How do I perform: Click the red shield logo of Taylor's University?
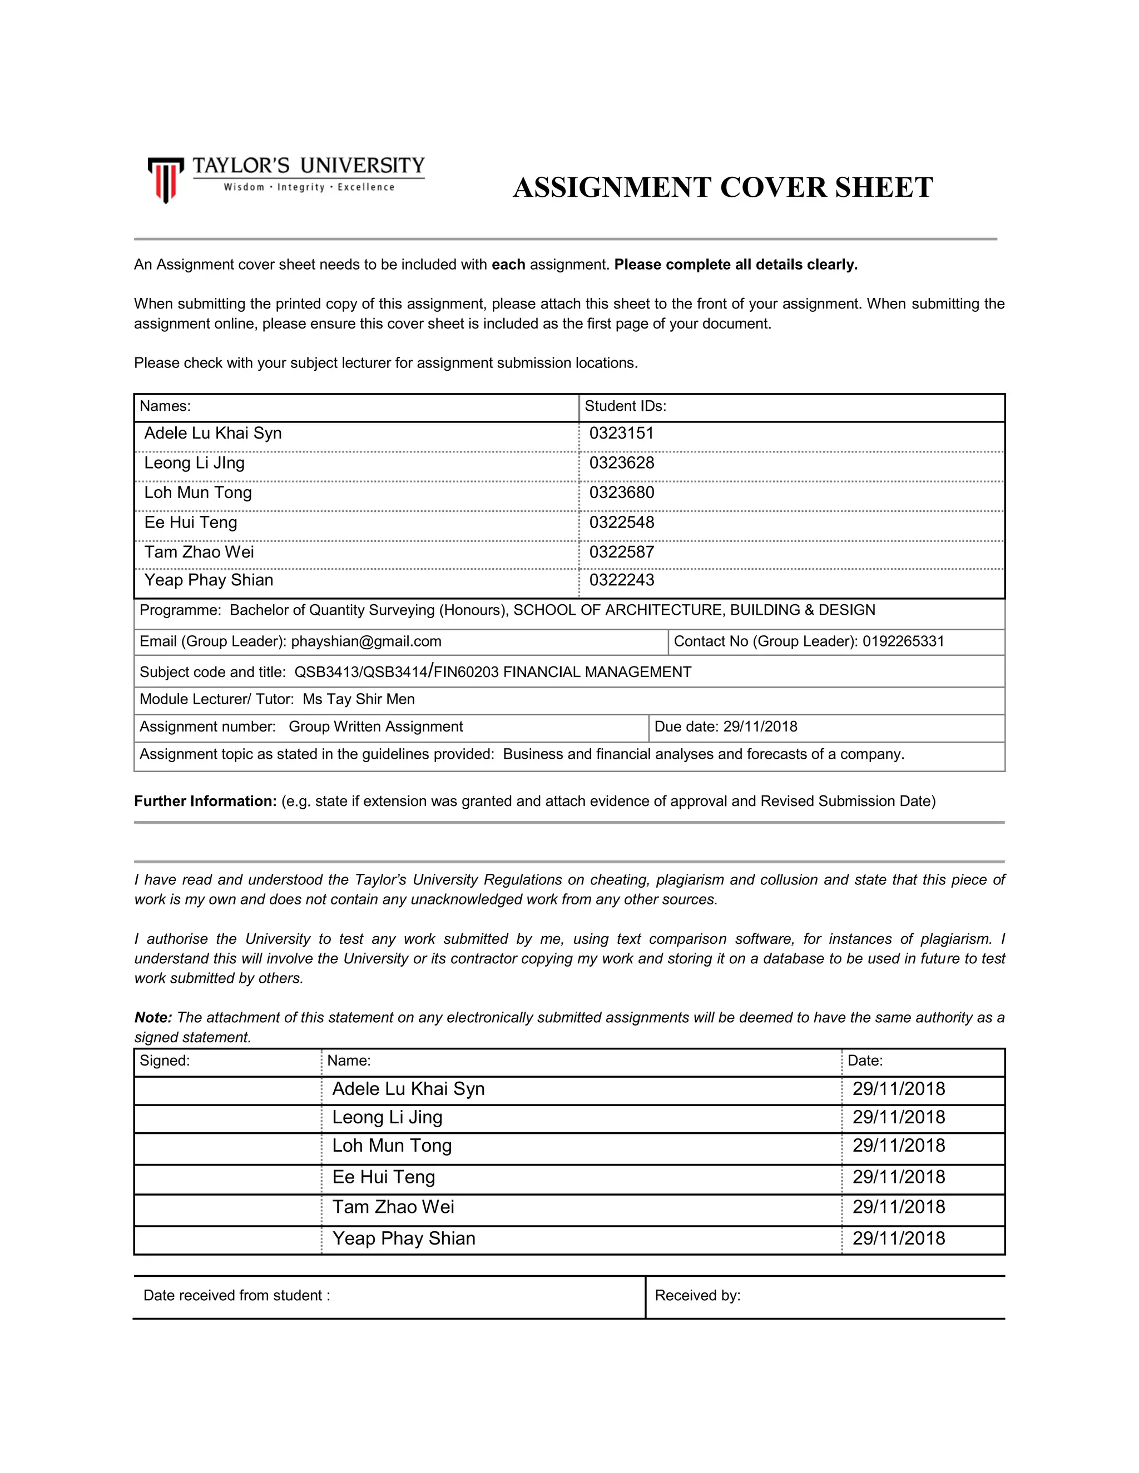[x=165, y=180]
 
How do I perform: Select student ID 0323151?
[x=621, y=433]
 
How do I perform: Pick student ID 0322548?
[x=621, y=522]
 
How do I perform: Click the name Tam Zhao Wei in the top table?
[x=199, y=552]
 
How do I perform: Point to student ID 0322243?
[x=621, y=580]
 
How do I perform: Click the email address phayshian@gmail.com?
[x=366, y=641]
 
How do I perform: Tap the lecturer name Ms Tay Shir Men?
[x=358, y=699]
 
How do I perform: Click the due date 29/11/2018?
[x=760, y=726]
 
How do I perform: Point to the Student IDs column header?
[x=625, y=406]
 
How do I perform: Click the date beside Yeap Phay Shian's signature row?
[x=898, y=1238]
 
